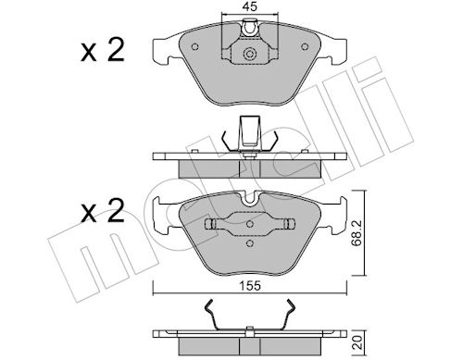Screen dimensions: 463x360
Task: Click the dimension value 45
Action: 250,6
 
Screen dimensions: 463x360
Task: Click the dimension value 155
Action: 250,286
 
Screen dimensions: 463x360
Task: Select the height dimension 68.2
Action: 357,233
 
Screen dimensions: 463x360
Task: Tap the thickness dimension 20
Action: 357,342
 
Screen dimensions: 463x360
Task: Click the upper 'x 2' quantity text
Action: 103,50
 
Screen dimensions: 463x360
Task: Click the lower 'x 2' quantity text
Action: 103,211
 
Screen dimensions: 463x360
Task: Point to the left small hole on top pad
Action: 194,46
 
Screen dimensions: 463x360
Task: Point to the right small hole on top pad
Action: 305,46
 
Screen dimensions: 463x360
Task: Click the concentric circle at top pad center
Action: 250,54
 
